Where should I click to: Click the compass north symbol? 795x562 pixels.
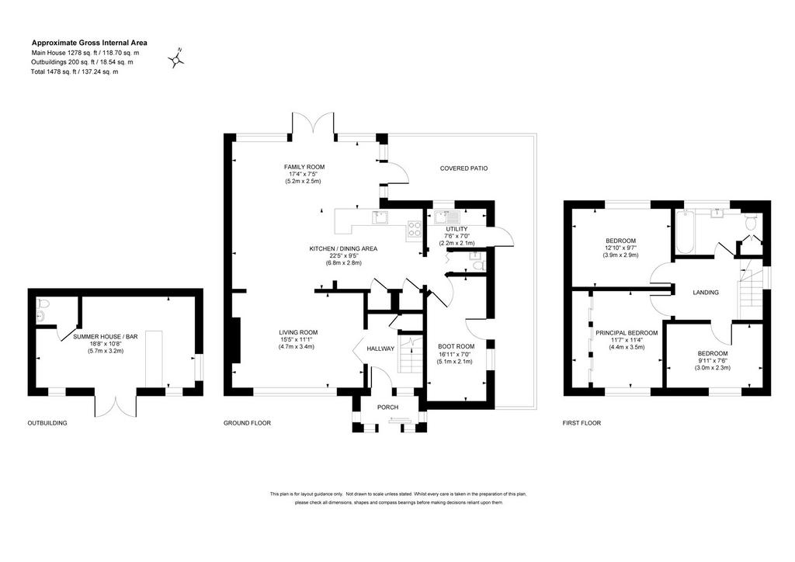click(x=176, y=58)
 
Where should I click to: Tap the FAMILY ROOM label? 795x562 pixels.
click(x=304, y=167)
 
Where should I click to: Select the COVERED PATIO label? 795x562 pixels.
click(x=463, y=168)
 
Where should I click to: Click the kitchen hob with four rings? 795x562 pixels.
click(x=415, y=230)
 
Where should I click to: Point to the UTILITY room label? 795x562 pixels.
click(x=457, y=229)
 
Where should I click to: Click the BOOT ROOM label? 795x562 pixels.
click(x=457, y=347)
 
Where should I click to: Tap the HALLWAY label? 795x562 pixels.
click(x=380, y=349)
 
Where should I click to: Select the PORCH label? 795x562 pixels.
click(x=388, y=407)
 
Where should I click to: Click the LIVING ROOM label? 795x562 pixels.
click(x=298, y=332)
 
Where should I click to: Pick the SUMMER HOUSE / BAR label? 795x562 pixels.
click(x=106, y=336)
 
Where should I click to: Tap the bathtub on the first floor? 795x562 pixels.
click(x=683, y=232)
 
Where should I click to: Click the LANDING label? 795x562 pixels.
click(x=706, y=293)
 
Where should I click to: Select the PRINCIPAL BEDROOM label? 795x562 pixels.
click(x=627, y=333)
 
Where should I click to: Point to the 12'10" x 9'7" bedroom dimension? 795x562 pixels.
click(x=620, y=248)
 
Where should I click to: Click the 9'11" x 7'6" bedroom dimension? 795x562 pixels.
click(x=713, y=361)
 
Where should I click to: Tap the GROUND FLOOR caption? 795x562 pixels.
click(x=248, y=422)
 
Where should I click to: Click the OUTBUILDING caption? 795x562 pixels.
click(x=47, y=422)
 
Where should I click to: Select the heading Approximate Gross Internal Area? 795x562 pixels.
click(x=89, y=43)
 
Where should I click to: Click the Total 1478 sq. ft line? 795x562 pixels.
click(x=75, y=71)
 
